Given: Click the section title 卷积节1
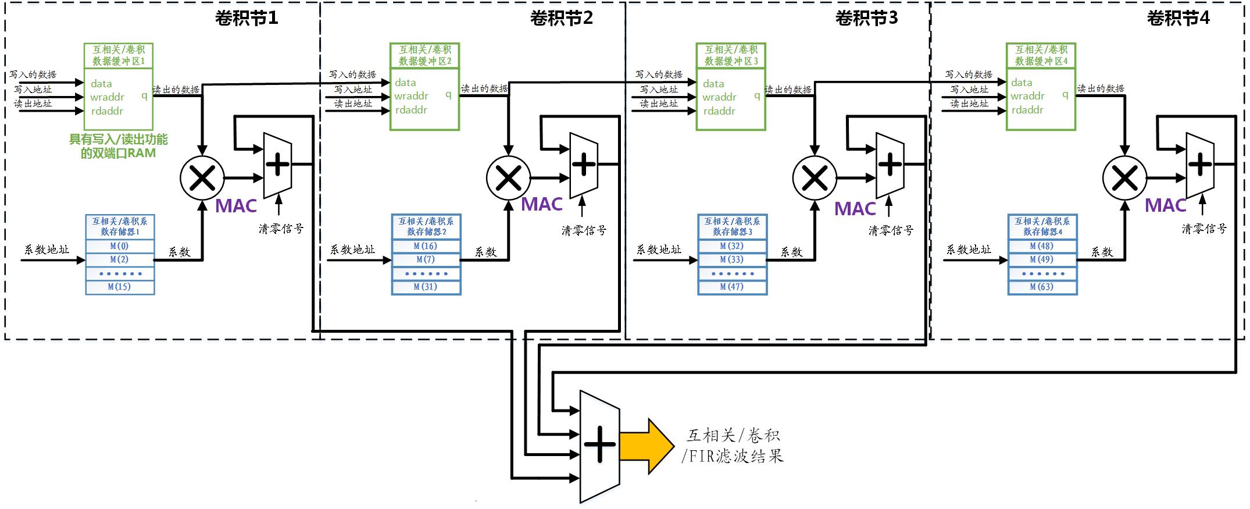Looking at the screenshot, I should click(247, 19).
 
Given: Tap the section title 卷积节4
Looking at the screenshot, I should click(1178, 19).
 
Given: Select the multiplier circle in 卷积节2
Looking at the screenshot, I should click(509, 179).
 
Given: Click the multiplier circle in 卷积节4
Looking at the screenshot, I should click(1124, 179).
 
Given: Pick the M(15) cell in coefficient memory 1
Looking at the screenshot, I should click(120, 287).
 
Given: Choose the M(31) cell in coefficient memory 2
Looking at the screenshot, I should click(426, 287).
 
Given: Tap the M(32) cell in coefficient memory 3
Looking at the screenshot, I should click(732, 246).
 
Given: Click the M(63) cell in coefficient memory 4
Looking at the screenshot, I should click(1042, 287).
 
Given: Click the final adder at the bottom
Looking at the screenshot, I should click(599, 446).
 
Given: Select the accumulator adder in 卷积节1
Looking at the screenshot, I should click(277, 165).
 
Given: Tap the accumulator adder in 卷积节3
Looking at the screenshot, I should click(890, 165).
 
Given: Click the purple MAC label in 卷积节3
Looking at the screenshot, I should click(855, 209).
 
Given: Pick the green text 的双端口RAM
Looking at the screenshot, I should click(119, 154).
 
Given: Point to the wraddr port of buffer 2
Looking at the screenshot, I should click(411, 97).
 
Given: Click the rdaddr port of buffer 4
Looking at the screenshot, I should click(1027, 110).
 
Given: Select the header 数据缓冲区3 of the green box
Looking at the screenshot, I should click(731, 61).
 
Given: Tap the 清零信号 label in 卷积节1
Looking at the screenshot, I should click(281, 229).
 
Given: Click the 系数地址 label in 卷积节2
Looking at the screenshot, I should click(352, 250).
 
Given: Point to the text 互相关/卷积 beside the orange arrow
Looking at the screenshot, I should click(734, 435).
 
